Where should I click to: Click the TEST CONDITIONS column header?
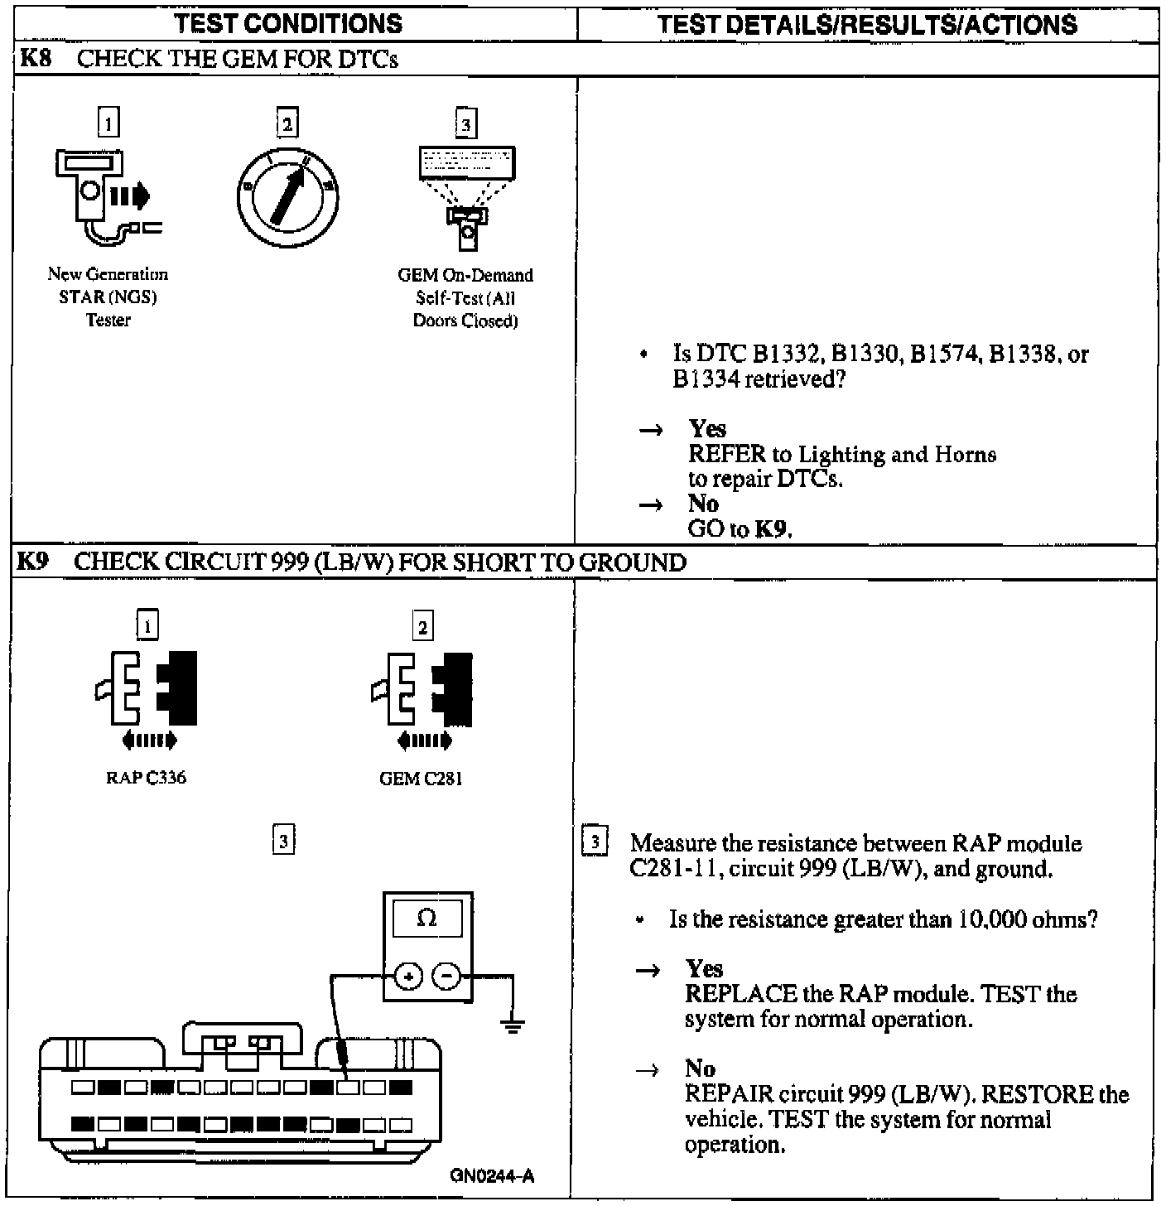tap(288, 23)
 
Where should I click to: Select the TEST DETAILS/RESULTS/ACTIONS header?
tap(867, 24)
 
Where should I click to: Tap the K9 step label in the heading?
tap(33, 562)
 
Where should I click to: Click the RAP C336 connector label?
tap(146, 778)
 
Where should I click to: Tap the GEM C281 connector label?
tap(421, 779)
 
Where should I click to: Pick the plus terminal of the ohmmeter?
tap(407, 977)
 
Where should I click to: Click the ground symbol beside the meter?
tap(513, 1025)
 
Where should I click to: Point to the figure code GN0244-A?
tap(492, 1175)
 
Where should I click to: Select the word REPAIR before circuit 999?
tap(722, 1094)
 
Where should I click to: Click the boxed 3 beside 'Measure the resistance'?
tap(595, 842)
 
